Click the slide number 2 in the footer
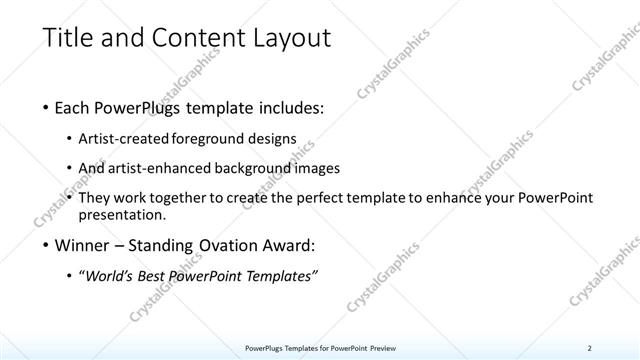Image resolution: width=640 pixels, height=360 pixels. click(590, 347)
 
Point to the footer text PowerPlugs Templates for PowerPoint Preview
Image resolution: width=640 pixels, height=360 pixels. click(321, 347)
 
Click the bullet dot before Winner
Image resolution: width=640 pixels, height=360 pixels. click(47, 243)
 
